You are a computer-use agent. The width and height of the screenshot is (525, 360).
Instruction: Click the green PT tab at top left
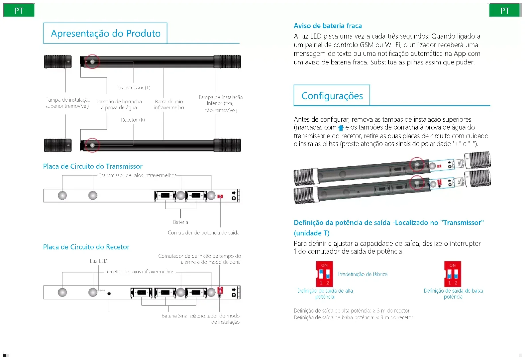[x=19, y=11]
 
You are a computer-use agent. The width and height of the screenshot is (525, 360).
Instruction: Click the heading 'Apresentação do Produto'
[x=106, y=34]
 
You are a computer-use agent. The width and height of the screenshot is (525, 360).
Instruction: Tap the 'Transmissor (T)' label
[x=134, y=88]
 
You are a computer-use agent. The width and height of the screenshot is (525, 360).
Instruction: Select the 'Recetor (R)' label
[x=133, y=120]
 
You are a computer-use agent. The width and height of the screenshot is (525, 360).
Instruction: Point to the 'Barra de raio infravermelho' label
[x=169, y=104]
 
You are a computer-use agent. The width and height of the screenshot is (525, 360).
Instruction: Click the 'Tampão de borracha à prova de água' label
[x=119, y=104]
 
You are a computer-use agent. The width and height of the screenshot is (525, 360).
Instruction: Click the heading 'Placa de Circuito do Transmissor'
[x=93, y=166]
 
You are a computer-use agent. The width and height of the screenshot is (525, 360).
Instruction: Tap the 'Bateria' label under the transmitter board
[x=180, y=222]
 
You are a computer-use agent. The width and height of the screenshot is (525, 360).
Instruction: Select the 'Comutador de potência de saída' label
[x=203, y=233]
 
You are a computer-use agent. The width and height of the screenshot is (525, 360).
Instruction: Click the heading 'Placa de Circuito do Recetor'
[x=86, y=247]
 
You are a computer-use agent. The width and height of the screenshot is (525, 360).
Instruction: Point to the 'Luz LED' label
[x=98, y=261]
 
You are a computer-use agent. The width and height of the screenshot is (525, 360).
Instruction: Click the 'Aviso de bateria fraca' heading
[x=328, y=26]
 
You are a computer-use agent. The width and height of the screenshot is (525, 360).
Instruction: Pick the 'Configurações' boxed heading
[x=332, y=96]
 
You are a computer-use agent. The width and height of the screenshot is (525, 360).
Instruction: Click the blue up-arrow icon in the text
[x=341, y=128]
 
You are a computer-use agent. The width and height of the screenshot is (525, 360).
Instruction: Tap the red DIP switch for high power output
[x=324, y=274]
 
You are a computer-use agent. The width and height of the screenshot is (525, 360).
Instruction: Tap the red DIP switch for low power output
[x=453, y=274]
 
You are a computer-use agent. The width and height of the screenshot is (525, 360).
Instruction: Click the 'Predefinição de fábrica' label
[x=363, y=274]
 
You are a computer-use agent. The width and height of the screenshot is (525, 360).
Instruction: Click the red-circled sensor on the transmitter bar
[x=92, y=62]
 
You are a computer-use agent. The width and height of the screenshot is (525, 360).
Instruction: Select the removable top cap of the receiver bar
[x=58, y=145]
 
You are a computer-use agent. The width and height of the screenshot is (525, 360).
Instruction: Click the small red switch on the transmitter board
[x=220, y=197]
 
